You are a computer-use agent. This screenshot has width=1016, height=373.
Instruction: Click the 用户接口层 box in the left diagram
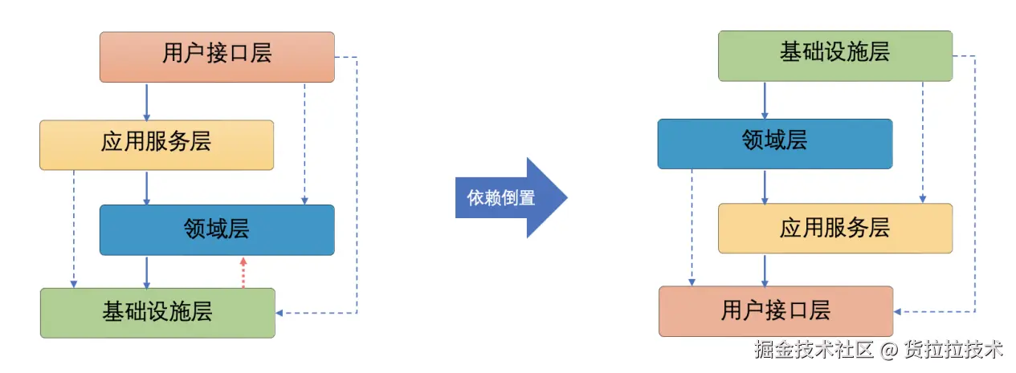pyautogui.click(x=217, y=56)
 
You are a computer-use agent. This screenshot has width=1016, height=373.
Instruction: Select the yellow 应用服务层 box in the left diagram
pyautogui.click(x=157, y=144)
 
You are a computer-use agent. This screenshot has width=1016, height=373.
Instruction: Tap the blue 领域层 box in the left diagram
pyautogui.click(x=217, y=229)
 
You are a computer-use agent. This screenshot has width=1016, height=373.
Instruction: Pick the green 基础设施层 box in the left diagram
pyautogui.click(x=157, y=312)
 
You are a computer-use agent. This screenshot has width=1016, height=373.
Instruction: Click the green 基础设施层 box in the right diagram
pyautogui.click(x=834, y=55)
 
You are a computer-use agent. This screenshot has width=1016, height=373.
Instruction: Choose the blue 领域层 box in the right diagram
pyautogui.click(x=774, y=144)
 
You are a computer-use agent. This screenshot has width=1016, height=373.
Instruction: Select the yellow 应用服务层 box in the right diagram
pyautogui.click(x=834, y=228)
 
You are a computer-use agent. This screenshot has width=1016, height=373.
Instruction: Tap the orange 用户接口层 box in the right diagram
pyautogui.click(x=775, y=311)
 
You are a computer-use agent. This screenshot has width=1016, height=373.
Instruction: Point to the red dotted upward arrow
pyautogui.click(x=243, y=273)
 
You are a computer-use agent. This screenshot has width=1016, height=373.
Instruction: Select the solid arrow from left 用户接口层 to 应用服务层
pyautogui.click(x=146, y=101)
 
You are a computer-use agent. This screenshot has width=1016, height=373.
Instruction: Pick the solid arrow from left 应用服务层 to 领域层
pyautogui.click(x=146, y=187)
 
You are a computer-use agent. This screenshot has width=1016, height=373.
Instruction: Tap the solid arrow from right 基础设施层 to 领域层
pyautogui.click(x=765, y=100)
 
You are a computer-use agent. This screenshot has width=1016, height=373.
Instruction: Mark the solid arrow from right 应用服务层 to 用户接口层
pyautogui.click(x=765, y=270)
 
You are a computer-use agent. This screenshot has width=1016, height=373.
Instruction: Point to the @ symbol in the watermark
pyautogui.click(x=887, y=351)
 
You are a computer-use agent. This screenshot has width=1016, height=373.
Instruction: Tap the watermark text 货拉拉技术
pyautogui.click(x=953, y=351)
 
